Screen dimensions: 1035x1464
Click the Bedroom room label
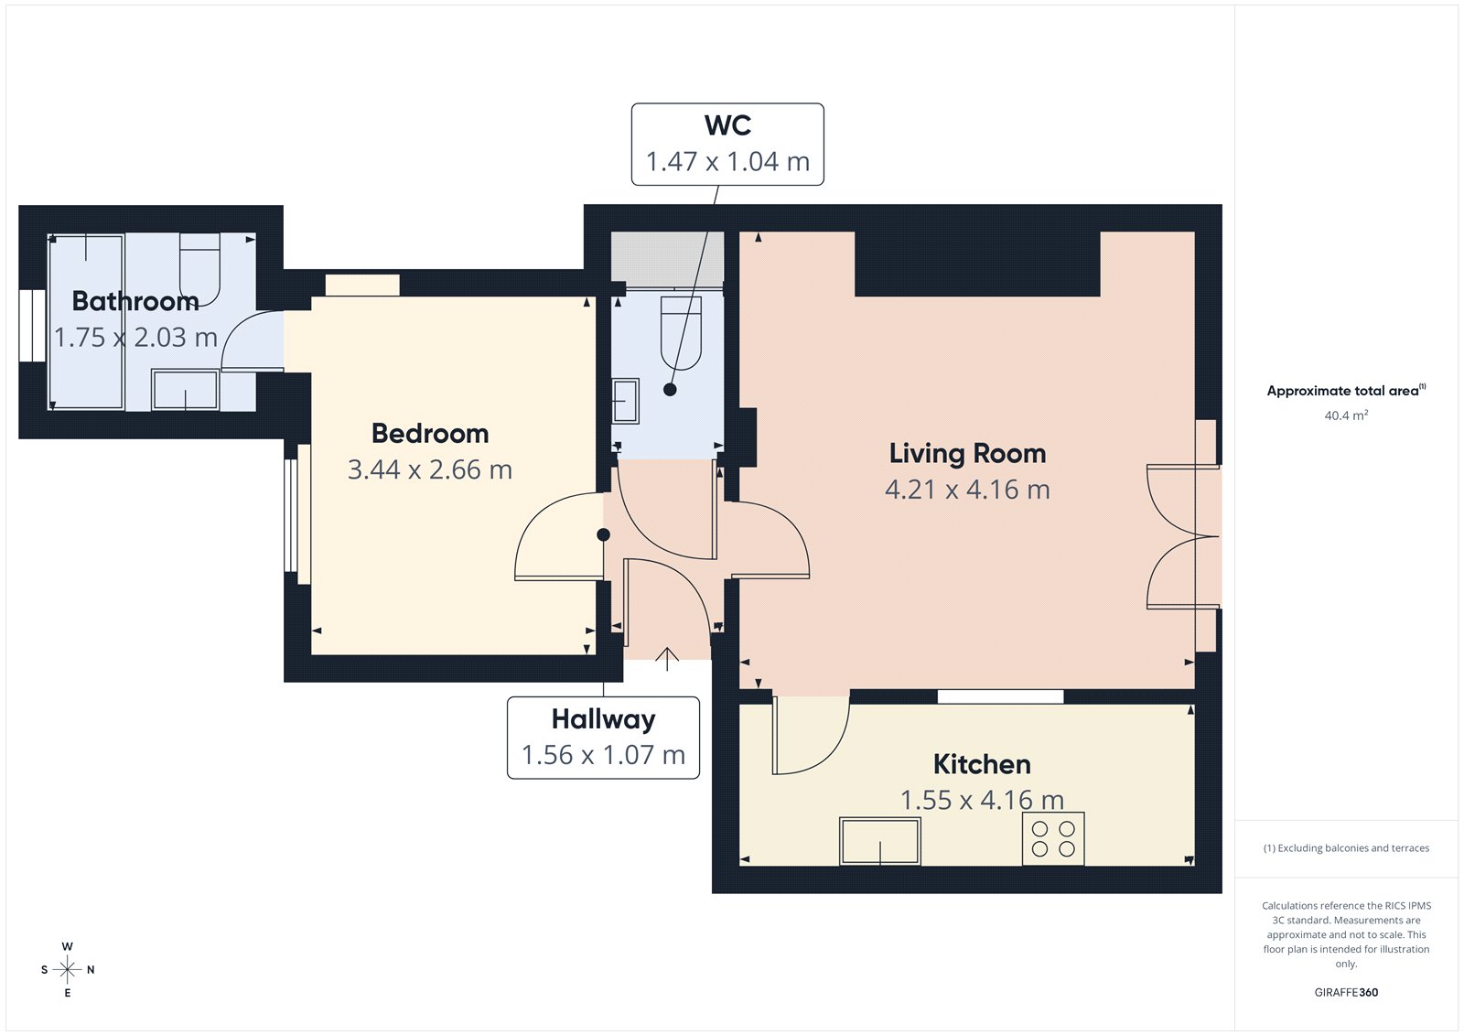click(430, 434)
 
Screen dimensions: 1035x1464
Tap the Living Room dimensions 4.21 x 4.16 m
click(967, 490)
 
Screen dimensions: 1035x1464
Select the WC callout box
click(727, 145)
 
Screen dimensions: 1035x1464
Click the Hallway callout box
click(603, 738)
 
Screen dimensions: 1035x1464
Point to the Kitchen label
click(982, 764)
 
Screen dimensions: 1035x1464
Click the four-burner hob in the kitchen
click(1053, 838)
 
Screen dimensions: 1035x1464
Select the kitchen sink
click(880, 841)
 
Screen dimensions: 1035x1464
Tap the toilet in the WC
click(681, 332)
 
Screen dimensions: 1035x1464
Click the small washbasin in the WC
click(626, 401)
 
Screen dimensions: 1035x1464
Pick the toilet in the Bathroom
click(199, 267)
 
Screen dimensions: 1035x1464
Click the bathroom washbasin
click(185, 390)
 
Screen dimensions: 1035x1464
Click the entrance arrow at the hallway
click(667, 658)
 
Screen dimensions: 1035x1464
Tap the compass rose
click(67, 969)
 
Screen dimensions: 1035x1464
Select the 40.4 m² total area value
click(1346, 415)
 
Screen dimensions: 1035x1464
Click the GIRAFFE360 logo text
click(1346, 992)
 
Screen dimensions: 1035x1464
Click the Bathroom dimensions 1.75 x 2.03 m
click(135, 338)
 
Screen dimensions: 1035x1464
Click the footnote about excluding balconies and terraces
click(1346, 848)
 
